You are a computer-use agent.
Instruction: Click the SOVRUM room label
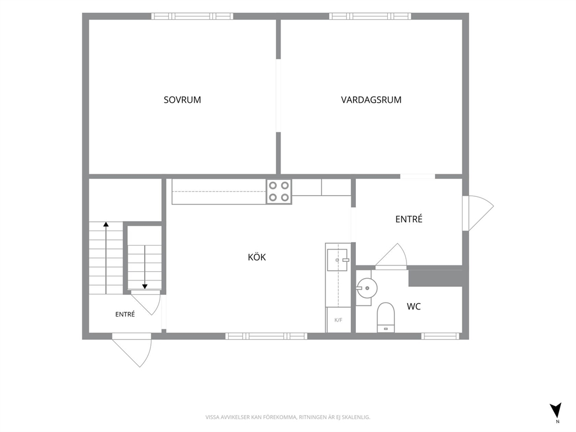pos(182,99)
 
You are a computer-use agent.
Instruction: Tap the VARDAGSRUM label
pos(371,99)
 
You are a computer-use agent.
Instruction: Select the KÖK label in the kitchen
pos(257,257)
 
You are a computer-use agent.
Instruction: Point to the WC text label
pos(413,306)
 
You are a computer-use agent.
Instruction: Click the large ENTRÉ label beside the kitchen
pos(409,219)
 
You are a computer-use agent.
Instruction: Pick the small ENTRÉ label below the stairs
pos(125,314)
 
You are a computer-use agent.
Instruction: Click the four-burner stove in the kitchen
pos(279,192)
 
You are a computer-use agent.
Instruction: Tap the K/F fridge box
pos(339,320)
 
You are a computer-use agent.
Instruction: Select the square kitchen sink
pos(337,260)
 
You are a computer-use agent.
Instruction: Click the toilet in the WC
pos(386,318)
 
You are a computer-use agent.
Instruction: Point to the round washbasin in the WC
pos(366,287)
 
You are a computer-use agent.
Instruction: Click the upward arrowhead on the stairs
pos(106,224)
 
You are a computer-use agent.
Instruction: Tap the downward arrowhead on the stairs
pos(145,286)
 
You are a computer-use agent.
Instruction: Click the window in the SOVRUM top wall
pos(192,16)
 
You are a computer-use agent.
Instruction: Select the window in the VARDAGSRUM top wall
pos(370,16)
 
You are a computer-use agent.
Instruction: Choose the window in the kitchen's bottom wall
pos(267,336)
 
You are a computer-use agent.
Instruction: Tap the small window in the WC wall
pos(440,336)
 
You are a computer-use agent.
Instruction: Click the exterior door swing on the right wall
pos(478,213)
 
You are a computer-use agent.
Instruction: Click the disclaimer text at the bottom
pos(287,417)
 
